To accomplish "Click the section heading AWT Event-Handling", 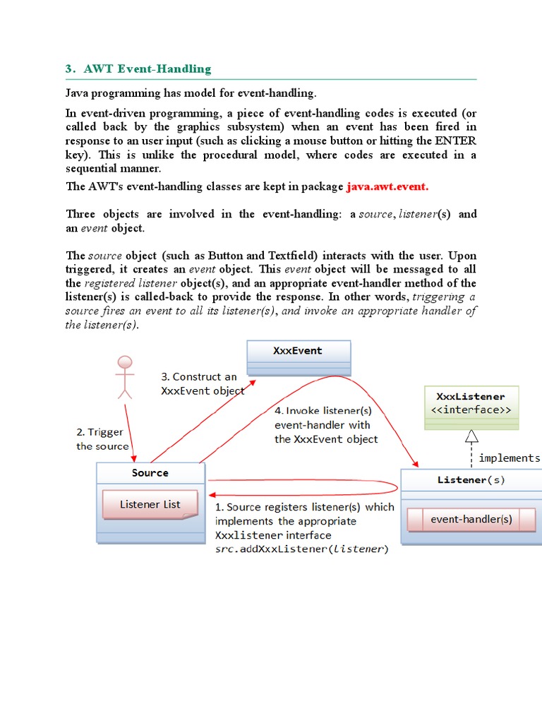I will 147,69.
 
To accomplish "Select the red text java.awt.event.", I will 387,187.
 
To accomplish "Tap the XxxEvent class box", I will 298,357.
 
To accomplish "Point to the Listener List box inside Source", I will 150,505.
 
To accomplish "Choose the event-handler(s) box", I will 471,520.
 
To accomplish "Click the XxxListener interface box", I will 471,407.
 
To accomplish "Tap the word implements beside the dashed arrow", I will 509,458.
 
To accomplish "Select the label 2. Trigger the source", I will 102,439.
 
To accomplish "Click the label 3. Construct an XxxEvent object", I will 203,383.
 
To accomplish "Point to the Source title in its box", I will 150,473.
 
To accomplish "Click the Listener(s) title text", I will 471,480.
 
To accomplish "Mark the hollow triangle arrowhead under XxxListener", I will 471,436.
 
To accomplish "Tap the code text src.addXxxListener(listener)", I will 301,549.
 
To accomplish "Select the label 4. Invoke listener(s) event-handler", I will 325,424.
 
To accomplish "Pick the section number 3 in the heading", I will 69,69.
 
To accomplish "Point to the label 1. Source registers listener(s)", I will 304,507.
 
